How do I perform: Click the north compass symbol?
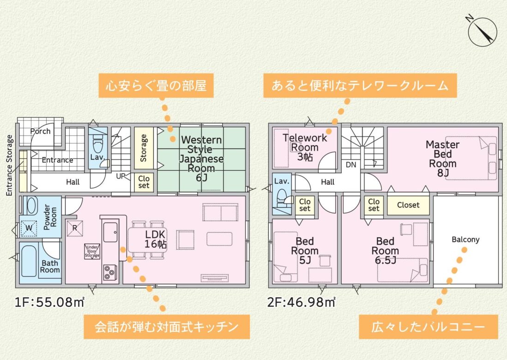[x=482, y=31]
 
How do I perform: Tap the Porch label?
[x=41, y=131]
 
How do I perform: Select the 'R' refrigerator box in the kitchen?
[x=75, y=228]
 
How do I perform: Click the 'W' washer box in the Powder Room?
[x=29, y=228]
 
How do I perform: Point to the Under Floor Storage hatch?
[x=92, y=252]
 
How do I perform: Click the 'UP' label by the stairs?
[x=121, y=176]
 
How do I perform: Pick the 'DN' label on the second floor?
[x=351, y=165]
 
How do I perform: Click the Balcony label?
[x=465, y=240]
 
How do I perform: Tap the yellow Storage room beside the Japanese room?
[x=144, y=148]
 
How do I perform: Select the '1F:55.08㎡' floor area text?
[x=49, y=302]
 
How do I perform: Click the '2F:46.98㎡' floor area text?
[x=301, y=302]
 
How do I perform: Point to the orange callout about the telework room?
[x=360, y=86]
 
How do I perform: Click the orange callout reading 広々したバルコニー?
[x=428, y=327]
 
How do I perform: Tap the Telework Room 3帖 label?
[x=305, y=147]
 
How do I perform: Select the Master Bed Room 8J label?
[x=443, y=159]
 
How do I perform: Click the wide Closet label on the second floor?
[x=408, y=205]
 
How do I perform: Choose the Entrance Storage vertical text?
[x=9, y=165]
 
